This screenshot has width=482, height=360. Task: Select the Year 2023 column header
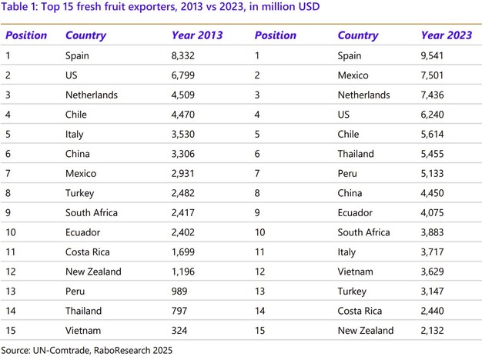447,35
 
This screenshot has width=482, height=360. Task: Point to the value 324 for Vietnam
179,330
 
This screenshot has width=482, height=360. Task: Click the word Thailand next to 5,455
356,154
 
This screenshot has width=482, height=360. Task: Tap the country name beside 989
77,291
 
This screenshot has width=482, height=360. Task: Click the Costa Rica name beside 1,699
87,252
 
